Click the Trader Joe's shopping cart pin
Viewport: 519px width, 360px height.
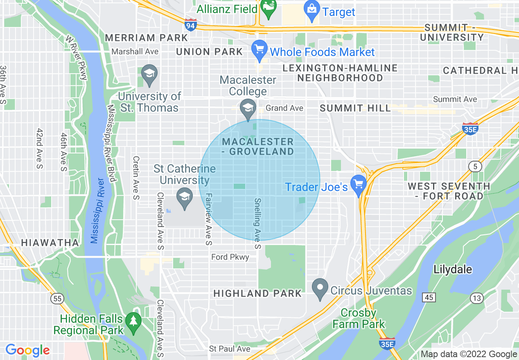click(x=359, y=185)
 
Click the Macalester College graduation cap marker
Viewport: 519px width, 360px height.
click(x=248, y=109)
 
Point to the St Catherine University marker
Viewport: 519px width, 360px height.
click(x=185, y=198)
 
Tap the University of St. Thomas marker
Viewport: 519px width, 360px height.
click(x=149, y=74)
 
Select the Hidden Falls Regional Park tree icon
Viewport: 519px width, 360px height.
click(x=133, y=322)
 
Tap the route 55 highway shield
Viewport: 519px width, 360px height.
click(x=57, y=299)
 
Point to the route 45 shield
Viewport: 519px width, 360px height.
click(x=429, y=297)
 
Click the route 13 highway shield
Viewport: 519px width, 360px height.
click(x=476, y=298)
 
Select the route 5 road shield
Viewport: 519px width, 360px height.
click(x=475, y=166)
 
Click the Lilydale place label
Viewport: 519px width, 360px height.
click(x=453, y=270)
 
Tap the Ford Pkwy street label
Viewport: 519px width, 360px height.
click(x=230, y=257)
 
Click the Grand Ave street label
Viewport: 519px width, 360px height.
click(x=284, y=108)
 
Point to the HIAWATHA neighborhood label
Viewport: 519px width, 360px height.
click(x=50, y=243)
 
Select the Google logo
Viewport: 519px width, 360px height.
click(x=27, y=350)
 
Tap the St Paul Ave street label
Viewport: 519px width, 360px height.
click(x=229, y=349)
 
